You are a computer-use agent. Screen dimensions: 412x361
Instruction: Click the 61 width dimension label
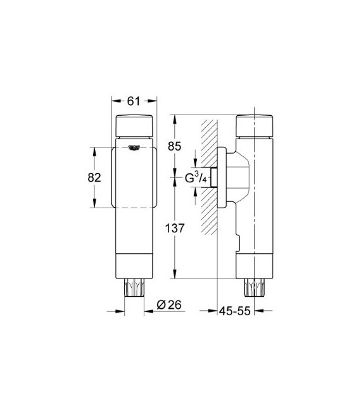(134, 100)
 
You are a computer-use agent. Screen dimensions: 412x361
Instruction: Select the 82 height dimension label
(94, 178)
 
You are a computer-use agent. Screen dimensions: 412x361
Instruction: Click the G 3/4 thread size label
(195, 180)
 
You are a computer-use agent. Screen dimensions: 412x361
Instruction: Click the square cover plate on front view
(134, 178)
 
